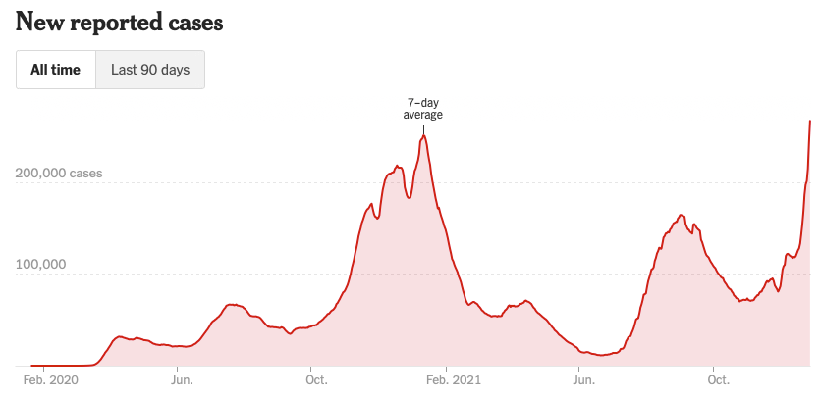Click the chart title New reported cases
coord(120,22)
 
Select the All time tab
coord(55,70)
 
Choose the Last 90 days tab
coord(149,70)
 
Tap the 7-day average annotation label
coord(423,109)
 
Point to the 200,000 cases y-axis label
coord(59,174)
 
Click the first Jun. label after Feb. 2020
coord(182,380)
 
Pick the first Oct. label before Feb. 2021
coord(316,380)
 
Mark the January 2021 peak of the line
coord(423,136)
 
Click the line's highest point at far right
coord(809,121)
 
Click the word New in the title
coord(37,22)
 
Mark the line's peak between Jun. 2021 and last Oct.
coord(681,214)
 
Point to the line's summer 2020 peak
coord(234,305)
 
